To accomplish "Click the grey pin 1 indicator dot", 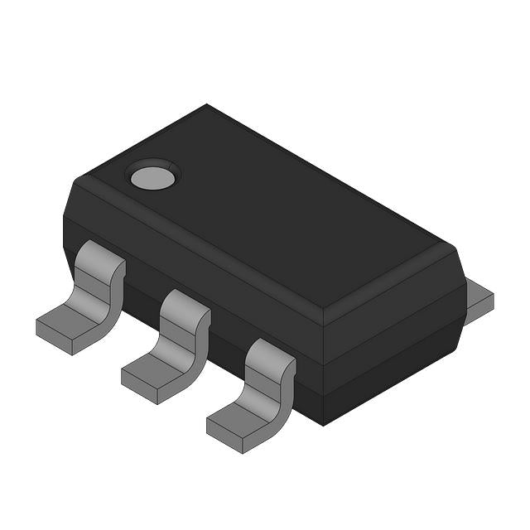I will pos(152,176).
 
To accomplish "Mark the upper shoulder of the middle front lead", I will pos(185,305).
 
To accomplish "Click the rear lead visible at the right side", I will pos(479,298).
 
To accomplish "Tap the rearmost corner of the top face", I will pos(207,105).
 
